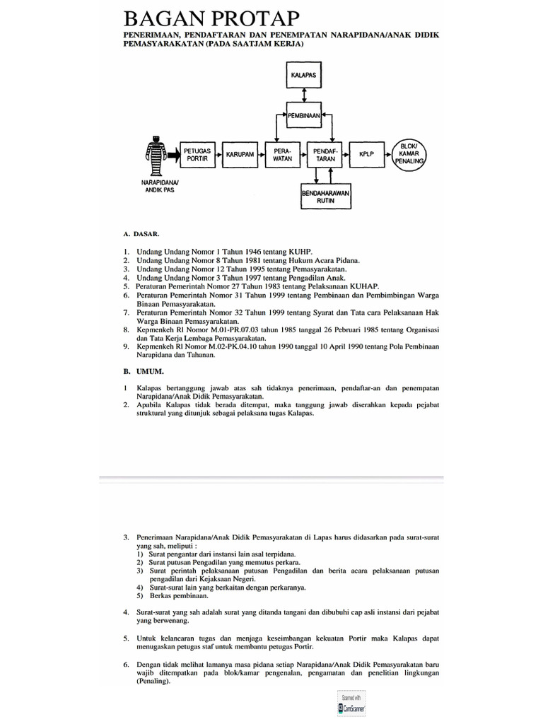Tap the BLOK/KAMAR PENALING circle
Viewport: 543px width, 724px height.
[x=410, y=153]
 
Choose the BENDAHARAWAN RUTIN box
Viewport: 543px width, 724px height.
[x=326, y=196]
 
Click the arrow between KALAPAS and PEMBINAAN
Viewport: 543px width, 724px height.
[x=303, y=94]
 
